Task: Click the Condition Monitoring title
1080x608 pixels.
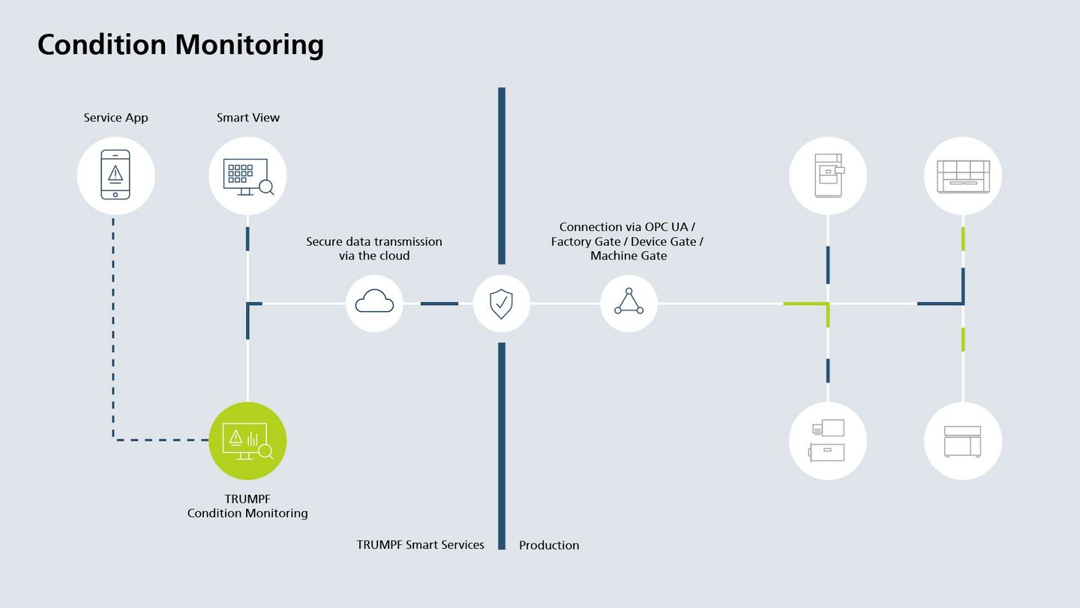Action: coord(180,45)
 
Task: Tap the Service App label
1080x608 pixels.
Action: coord(115,118)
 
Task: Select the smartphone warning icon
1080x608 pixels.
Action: coord(115,175)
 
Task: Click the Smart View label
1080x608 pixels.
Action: coord(248,118)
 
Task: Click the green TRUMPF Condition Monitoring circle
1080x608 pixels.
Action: coord(247,441)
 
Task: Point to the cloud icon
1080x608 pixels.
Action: coord(374,303)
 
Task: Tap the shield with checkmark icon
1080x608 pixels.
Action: coord(501,304)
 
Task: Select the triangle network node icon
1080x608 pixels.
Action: coord(628,303)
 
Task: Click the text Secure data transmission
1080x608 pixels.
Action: coord(373,241)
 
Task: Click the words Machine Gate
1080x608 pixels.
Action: coord(628,256)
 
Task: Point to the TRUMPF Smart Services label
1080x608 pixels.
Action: coord(420,545)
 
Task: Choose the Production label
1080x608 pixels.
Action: coord(549,545)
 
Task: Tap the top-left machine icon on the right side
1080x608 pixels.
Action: coord(828,175)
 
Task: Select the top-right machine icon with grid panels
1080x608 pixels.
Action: coord(963,175)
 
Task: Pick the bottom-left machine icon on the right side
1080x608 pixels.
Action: coord(828,441)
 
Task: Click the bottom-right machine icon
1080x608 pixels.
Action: coord(963,441)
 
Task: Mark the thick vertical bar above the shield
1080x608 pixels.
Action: coord(502,175)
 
